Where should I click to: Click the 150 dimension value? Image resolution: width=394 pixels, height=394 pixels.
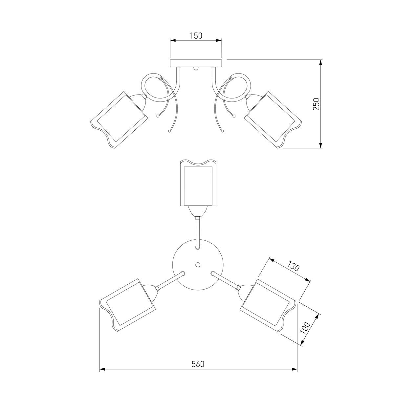pyautogui.click(x=196, y=36)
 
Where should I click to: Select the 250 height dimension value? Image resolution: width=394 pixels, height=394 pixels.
pyautogui.click(x=316, y=104)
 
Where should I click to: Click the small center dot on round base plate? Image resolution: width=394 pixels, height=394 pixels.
pyautogui.click(x=198, y=265)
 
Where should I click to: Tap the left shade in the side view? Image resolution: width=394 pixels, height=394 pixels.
pyautogui.click(x=119, y=120)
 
